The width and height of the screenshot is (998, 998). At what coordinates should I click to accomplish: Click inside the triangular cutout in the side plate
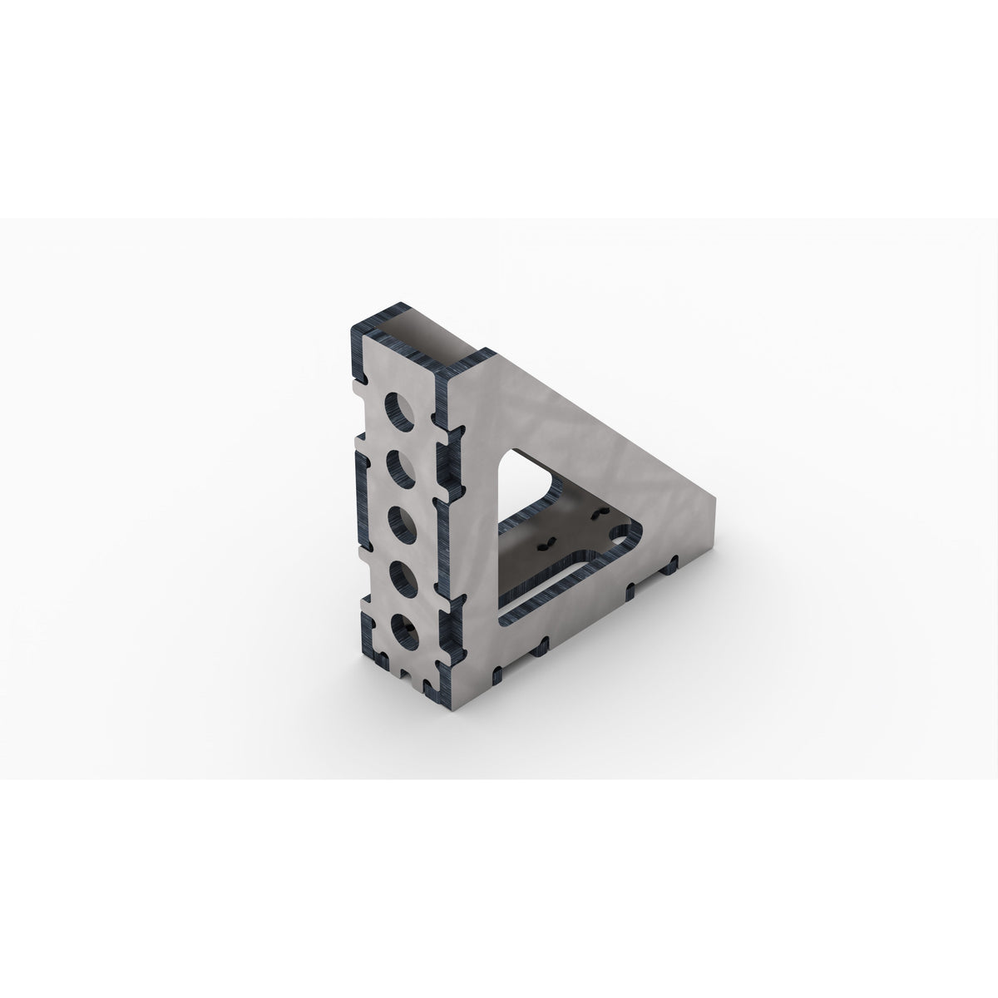coord(532,499)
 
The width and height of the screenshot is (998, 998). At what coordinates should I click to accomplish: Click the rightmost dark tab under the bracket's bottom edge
coord(665,568)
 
